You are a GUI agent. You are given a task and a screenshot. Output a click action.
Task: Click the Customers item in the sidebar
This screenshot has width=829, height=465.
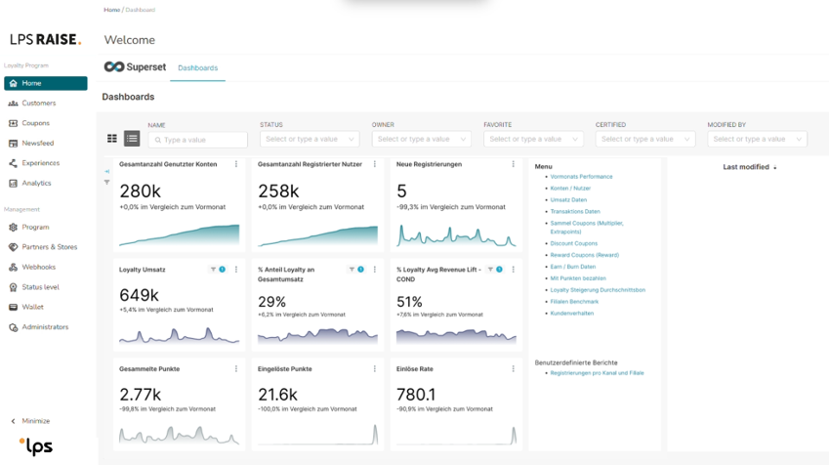(x=39, y=104)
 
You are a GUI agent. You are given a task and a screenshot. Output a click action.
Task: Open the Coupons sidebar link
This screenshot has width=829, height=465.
(x=35, y=123)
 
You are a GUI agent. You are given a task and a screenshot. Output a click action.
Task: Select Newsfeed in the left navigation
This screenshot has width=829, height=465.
(x=37, y=143)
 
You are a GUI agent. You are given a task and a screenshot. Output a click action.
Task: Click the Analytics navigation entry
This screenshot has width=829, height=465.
(x=36, y=183)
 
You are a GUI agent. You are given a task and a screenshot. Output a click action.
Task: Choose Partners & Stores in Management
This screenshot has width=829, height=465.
(x=49, y=247)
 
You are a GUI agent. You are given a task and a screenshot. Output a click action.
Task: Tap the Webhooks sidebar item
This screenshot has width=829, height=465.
(x=38, y=267)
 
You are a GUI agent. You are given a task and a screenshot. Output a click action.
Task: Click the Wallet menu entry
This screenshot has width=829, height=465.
(x=32, y=307)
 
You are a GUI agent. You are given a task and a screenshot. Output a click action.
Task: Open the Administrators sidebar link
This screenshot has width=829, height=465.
(x=45, y=327)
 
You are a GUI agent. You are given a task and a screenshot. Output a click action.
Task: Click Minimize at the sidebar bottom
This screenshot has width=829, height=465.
(x=35, y=421)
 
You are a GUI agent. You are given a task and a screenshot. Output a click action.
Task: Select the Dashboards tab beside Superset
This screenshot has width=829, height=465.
(x=197, y=68)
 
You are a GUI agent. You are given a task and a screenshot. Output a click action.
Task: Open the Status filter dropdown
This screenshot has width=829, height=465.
(x=310, y=140)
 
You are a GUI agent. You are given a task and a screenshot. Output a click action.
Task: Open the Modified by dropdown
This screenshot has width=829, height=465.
(x=757, y=140)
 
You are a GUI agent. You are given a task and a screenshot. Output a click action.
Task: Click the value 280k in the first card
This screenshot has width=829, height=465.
(x=140, y=191)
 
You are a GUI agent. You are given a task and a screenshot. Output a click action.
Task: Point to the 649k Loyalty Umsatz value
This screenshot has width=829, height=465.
(x=140, y=295)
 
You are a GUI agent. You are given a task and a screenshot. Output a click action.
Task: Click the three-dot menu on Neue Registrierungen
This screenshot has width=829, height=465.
(x=514, y=164)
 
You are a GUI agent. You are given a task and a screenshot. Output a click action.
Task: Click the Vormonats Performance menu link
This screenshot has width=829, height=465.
(x=581, y=177)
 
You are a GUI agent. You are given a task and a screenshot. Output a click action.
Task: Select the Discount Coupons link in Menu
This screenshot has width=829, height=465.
(x=573, y=243)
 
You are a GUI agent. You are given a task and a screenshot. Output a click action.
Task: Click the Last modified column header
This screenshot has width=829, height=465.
(x=746, y=167)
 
